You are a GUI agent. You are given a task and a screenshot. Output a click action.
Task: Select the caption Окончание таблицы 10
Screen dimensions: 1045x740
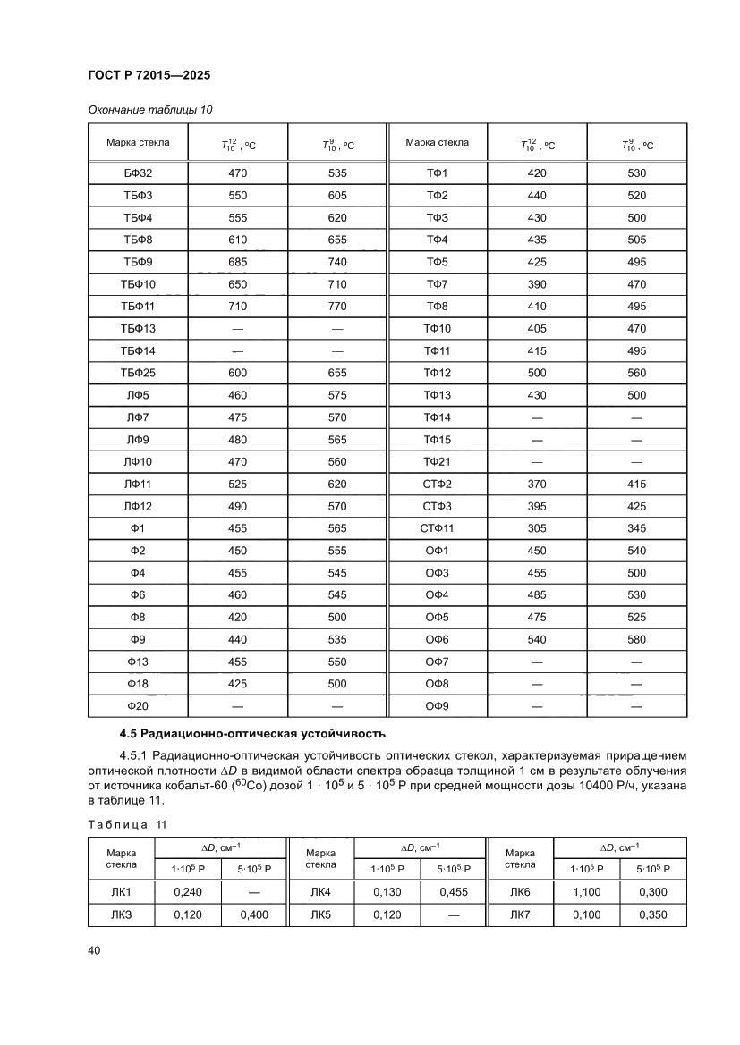[x=150, y=110]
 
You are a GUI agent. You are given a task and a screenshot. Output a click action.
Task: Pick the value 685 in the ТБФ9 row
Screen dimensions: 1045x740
[x=237, y=262]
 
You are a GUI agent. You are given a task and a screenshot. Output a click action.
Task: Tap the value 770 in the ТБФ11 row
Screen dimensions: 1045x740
[x=336, y=306]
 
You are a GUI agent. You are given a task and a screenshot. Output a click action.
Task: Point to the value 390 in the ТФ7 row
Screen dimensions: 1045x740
[x=537, y=284]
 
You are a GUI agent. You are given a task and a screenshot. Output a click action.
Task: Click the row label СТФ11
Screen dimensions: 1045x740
[x=437, y=528]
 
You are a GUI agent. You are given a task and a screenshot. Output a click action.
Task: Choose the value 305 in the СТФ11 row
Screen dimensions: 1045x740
[x=537, y=528]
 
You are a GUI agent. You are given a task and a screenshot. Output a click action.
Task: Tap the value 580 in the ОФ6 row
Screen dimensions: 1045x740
[x=636, y=639]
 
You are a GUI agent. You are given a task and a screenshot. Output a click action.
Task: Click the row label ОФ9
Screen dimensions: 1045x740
[x=437, y=706]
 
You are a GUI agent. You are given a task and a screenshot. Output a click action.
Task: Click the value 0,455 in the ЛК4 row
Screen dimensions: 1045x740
[x=454, y=892]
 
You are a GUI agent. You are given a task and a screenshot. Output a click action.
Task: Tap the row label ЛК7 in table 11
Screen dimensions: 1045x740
[x=520, y=914]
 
